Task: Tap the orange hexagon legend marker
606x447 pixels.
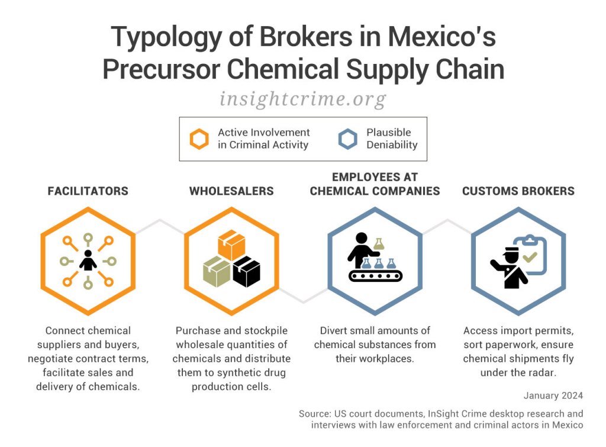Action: [x=199, y=140]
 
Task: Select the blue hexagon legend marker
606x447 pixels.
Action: [x=347, y=140]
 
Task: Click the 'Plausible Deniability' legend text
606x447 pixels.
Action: [x=392, y=139]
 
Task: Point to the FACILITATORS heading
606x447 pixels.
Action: [x=88, y=191]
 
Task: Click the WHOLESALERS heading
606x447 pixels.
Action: [x=231, y=191]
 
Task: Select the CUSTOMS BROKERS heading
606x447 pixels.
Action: [x=518, y=191]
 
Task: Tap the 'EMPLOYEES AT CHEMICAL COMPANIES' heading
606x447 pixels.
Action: [x=375, y=184]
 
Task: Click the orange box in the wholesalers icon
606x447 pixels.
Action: [x=231, y=245]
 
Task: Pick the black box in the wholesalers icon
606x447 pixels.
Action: [x=247, y=272]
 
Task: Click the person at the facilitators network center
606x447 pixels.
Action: [x=88, y=261]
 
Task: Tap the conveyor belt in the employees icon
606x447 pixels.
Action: [x=375, y=275]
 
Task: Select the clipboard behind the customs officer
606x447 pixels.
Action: [x=531, y=255]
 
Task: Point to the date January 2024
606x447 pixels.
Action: [x=553, y=395]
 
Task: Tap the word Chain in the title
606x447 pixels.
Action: [x=468, y=69]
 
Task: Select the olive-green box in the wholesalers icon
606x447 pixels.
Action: [x=216, y=273]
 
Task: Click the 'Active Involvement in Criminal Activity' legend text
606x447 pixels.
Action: [x=263, y=139]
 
